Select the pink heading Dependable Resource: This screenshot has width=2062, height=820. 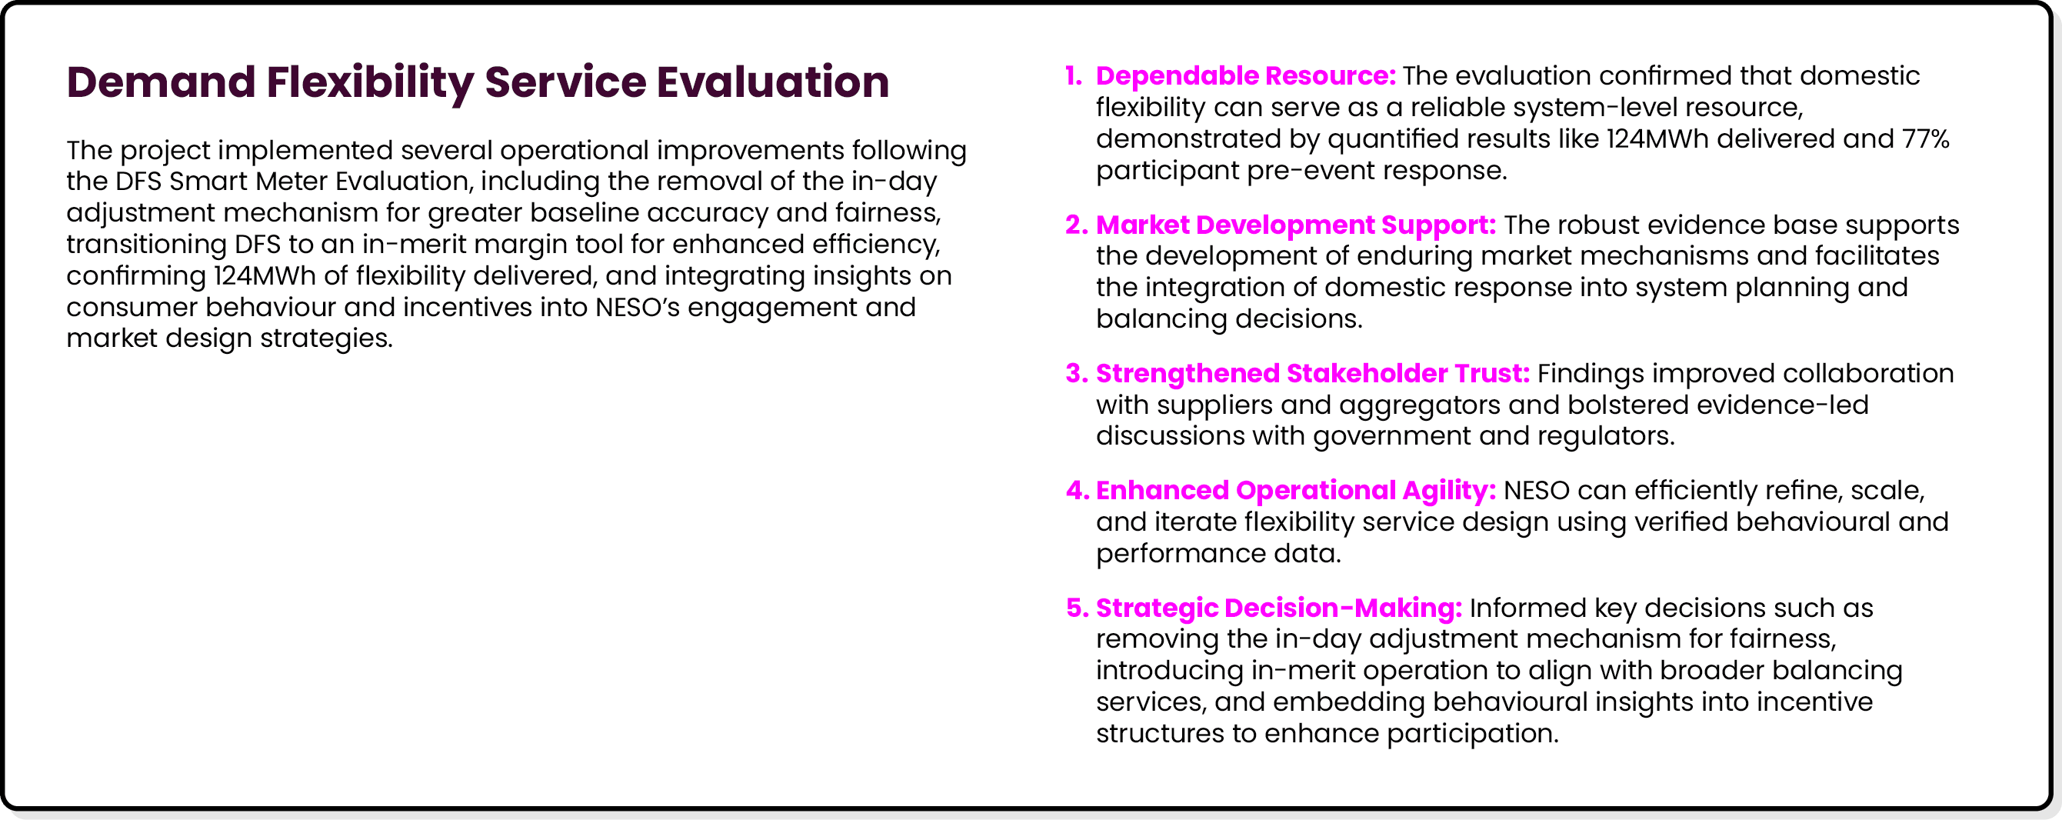[x=1244, y=76]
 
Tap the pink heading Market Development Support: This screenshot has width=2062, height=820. [x=1295, y=225]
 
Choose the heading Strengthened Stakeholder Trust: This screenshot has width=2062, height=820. [x=1312, y=374]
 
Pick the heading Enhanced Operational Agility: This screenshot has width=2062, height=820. [x=1295, y=491]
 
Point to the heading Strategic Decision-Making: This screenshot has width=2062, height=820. [x=1278, y=608]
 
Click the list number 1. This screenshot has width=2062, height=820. [x=1074, y=76]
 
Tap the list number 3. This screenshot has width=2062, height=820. [x=1076, y=374]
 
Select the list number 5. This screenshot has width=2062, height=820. [x=1076, y=608]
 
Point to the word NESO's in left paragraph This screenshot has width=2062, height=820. [x=636, y=308]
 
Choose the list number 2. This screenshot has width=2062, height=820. [x=1076, y=225]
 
